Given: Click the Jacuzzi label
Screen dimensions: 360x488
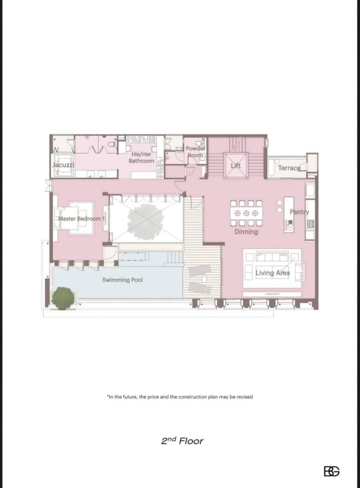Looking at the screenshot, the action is pyautogui.click(x=63, y=165).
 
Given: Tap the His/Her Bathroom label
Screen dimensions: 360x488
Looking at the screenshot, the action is pyautogui.click(x=141, y=158).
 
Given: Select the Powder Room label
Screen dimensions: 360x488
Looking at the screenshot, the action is pyautogui.click(x=196, y=152).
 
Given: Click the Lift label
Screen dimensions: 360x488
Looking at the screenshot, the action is pyautogui.click(x=236, y=165).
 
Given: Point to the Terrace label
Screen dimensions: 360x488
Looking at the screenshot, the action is pyautogui.click(x=289, y=168).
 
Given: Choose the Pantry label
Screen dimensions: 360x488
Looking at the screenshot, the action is pyautogui.click(x=300, y=212).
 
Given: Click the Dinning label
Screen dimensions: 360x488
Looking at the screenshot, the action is pyautogui.click(x=246, y=231).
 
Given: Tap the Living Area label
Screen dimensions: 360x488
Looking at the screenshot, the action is pyautogui.click(x=273, y=273).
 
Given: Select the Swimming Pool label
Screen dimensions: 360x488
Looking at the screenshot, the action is pyautogui.click(x=122, y=280).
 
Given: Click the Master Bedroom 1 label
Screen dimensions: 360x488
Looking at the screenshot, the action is pyautogui.click(x=81, y=219).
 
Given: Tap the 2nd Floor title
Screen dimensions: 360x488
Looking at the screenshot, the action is pyautogui.click(x=182, y=441).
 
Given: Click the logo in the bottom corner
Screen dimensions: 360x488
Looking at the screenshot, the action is pyautogui.click(x=331, y=471).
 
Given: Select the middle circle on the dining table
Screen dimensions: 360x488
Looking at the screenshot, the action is pyautogui.click(x=246, y=213).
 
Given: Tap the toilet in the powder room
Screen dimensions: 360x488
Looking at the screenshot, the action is pyautogui.click(x=203, y=143).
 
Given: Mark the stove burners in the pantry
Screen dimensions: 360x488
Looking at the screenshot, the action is pyautogui.click(x=310, y=224).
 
